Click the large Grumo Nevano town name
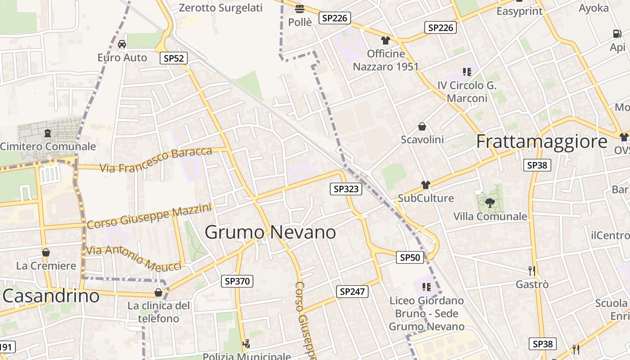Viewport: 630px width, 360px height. click(270, 232)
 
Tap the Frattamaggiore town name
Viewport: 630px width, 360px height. click(542, 141)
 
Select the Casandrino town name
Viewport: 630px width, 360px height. click(51, 296)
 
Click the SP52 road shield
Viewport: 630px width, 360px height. click(174, 58)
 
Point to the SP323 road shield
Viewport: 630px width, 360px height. click(346, 189)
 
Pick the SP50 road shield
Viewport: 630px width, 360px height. click(410, 257)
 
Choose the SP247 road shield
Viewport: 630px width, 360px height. click(352, 292)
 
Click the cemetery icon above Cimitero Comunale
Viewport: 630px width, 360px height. click(48, 133)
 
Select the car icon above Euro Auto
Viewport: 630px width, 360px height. click(122, 44)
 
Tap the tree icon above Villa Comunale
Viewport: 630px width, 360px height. click(490, 203)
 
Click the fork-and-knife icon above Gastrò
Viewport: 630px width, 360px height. click(532, 270)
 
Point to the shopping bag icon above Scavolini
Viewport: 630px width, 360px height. click(422, 126)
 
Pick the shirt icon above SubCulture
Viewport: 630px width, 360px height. click(426, 184)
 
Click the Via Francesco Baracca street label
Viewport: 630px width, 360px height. click(156, 160)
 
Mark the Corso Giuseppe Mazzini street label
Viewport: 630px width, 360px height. click(149, 216)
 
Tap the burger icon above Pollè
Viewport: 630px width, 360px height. click(300, 9)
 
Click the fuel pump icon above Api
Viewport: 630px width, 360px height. click(617, 33)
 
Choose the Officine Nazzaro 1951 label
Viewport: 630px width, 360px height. click(386, 60)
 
